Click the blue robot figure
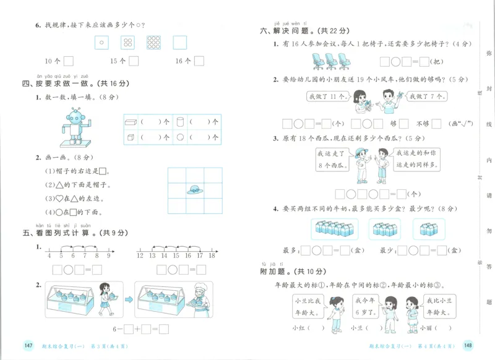pyautogui.click(x=74, y=127)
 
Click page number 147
pyautogui.click(x=28, y=345)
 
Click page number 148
pyautogui.click(x=467, y=345)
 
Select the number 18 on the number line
pyautogui.click(x=212, y=255)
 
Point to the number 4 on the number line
pyautogui.click(x=49, y=255)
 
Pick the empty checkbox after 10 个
pyautogui.click(x=68, y=61)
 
